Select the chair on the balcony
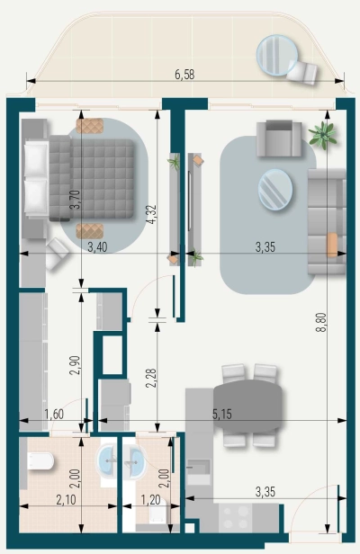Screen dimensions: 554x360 pyautogui.click(x=303, y=71)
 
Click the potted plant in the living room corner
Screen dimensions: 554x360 pyautogui.click(x=321, y=136)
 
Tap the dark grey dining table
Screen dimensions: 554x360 pyautogui.click(x=247, y=401)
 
